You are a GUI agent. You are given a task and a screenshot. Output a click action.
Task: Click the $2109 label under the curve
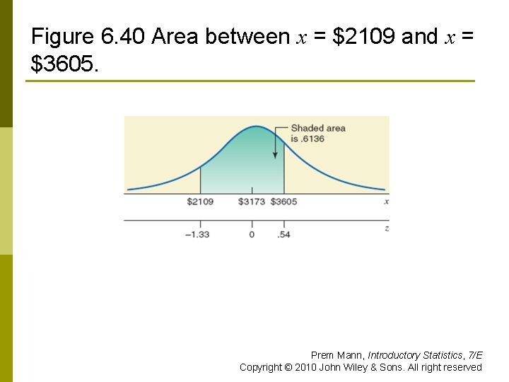pos(200,202)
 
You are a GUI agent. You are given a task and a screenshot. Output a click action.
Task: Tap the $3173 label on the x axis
pos(252,202)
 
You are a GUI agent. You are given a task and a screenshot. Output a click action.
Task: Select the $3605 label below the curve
pos(284,202)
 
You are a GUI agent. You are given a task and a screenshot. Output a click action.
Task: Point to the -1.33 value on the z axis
pos(197,234)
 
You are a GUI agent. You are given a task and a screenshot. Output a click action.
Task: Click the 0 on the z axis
pos(252,234)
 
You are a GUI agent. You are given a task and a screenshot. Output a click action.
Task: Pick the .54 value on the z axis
pos(283,234)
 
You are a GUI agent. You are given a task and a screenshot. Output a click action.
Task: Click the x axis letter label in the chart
pos(387,202)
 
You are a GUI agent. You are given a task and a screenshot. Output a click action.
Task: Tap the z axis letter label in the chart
pos(387,228)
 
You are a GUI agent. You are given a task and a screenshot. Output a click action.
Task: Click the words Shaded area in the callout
pos(318,128)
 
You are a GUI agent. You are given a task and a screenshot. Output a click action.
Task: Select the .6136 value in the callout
pos(311,139)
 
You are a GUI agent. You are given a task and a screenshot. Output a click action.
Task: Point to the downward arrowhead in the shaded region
pos(276,155)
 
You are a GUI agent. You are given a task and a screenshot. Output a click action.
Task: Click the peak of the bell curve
pos(257,127)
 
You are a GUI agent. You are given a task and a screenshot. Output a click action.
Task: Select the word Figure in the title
pos(62,37)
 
